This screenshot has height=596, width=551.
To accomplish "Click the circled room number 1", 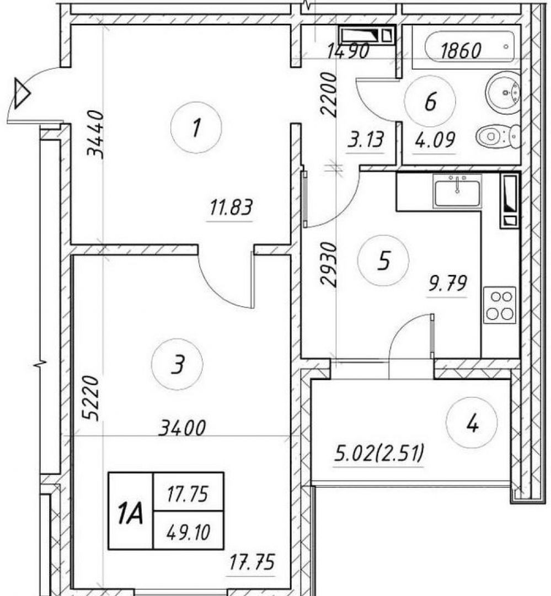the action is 196,127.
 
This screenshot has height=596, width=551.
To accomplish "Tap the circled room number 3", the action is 177,364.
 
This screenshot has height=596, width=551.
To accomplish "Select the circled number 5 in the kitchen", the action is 383,260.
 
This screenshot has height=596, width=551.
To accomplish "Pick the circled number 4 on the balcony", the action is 472,423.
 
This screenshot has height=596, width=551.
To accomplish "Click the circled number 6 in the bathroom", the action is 430,101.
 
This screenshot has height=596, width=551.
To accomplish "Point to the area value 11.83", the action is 231,208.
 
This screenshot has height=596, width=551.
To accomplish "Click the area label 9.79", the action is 447,284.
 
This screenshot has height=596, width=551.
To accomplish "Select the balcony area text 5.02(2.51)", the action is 379,454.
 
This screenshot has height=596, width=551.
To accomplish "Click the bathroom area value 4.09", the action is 435,140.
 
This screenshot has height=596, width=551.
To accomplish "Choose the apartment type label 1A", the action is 130,512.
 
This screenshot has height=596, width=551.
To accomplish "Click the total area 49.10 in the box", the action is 188,532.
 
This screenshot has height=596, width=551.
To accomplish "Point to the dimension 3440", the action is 95,134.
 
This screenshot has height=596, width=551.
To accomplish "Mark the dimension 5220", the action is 91,397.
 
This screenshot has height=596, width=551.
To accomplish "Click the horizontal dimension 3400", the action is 183,428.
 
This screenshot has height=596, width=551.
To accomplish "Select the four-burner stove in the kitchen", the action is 499,305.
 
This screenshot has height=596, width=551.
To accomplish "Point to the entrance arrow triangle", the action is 22,93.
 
